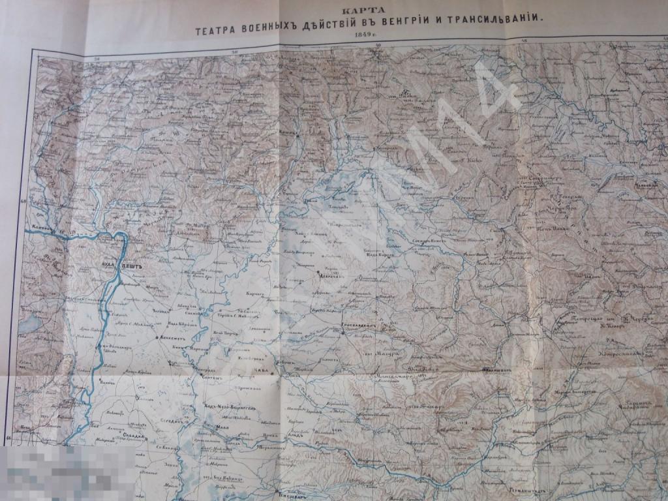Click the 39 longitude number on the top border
point(379,45)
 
